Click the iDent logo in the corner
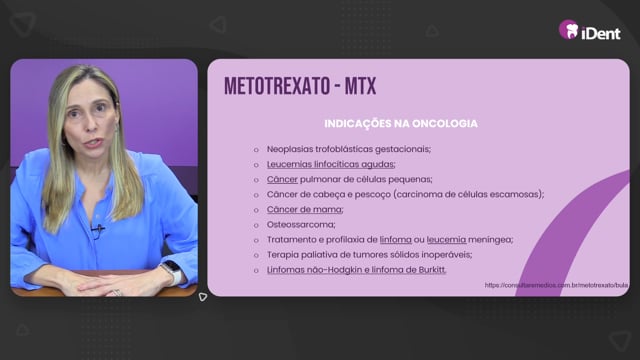click(590, 30)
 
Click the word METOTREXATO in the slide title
click(277, 86)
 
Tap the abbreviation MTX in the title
click(360, 86)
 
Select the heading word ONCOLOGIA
click(445, 124)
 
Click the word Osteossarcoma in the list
click(301, 224)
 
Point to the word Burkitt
click(432, 270)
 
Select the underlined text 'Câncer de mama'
click(305, 209)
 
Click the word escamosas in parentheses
click(520, 195)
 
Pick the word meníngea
click(490, 240)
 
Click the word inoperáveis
click(447, 255)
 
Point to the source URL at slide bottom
click(556, 285)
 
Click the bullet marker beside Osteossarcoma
click(256, 225)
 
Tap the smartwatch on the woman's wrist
click(173, 271)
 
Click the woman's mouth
click(93, 143)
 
